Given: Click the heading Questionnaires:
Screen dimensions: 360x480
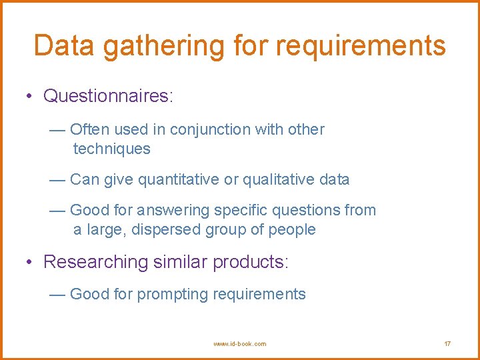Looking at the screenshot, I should (x=108, y=96).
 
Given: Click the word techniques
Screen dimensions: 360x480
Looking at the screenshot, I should (x=111, y=149).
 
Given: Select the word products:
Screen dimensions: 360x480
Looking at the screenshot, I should (x=251, y=262).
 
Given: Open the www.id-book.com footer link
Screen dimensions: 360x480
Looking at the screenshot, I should (x=239, y=344).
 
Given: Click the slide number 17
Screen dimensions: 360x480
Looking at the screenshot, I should (x=447, y=344).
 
